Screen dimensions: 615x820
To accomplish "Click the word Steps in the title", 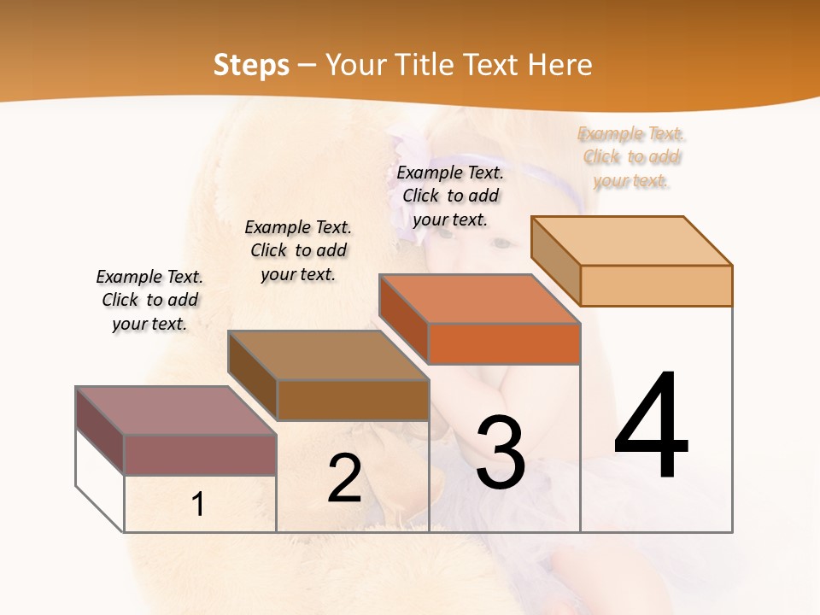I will (x=251, y=65).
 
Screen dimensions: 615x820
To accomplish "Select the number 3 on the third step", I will (x=501, y=452).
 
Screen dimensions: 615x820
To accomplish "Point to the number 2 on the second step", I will (x=344, y=478).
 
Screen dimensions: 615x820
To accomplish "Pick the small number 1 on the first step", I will (x=198, y=504).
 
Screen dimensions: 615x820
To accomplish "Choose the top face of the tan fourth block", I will (x=632, y=241).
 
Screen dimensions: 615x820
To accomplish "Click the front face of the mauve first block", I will (x=200, y=454).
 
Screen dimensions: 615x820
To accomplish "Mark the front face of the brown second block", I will (x=353, y=400).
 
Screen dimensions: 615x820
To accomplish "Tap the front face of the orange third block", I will (x=504, y=343).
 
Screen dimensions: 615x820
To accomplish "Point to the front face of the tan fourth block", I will (x=656, y=285).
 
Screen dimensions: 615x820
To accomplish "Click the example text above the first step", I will (x=149, y=300).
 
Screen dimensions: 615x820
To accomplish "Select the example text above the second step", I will (x=298, y=250).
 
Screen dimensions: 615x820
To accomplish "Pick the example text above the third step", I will (x=450, y=196).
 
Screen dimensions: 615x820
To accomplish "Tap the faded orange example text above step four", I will (x=631, y=156).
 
